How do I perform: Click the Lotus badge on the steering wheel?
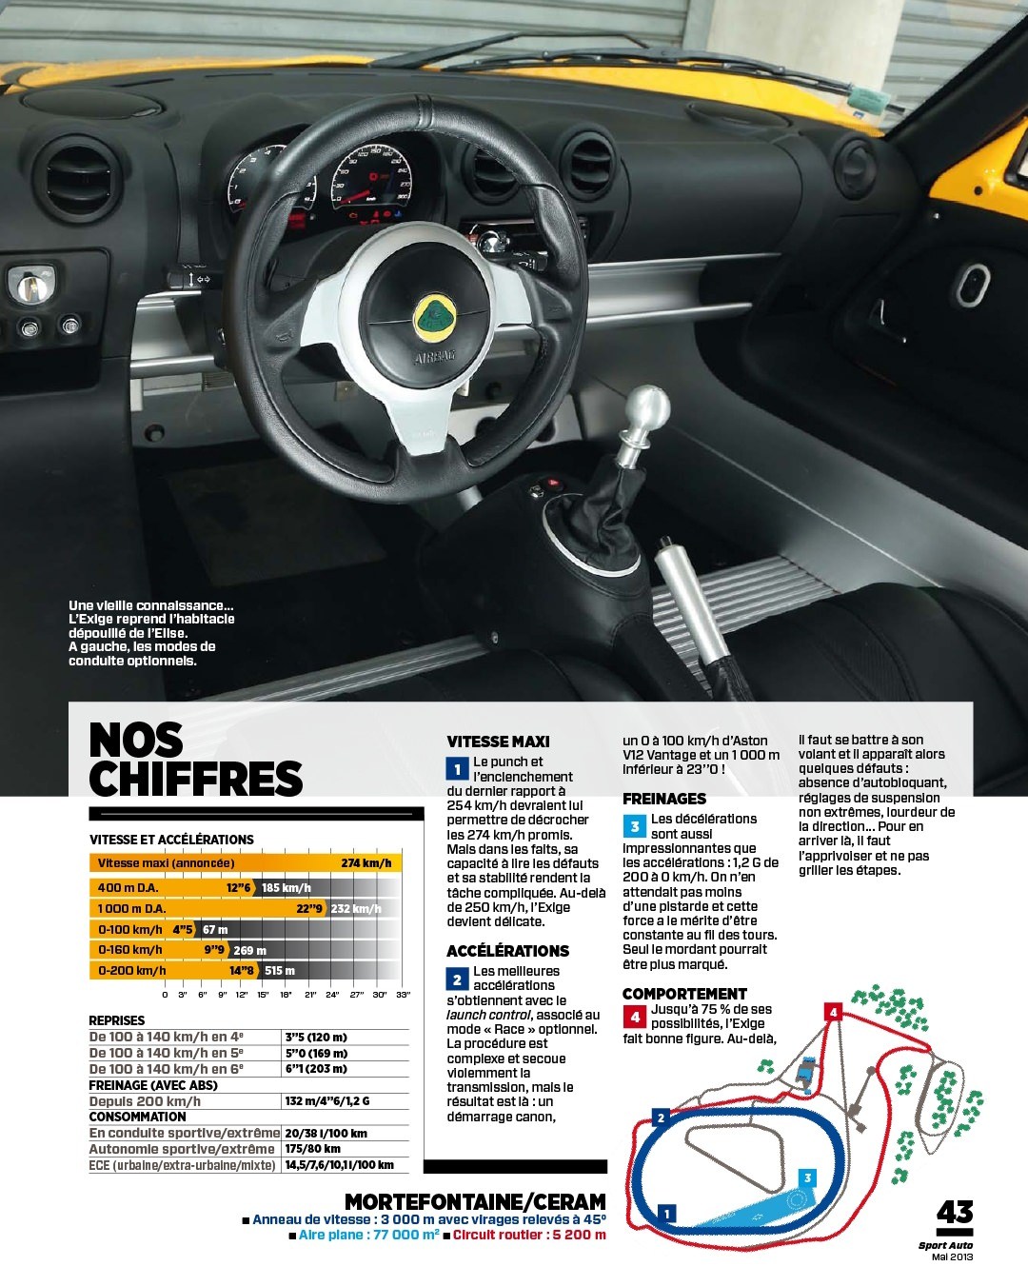pos(434,317)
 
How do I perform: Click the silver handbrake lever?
pos(687,603)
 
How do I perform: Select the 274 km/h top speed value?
pos(366,862)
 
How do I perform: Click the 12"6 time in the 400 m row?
pos(239,887)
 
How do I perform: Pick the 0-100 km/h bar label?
pos(129,929)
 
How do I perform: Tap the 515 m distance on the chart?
pos(280,971)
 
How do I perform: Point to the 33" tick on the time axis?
pos(404,995)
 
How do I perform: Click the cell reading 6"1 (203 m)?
pos(316,1068)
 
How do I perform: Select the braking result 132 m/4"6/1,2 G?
pos(326,1100)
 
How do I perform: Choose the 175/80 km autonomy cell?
pos(312,1149)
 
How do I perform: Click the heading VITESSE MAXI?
pos(498,742)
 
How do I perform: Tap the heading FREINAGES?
pos(664,799)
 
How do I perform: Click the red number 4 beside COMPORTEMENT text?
pos(634,1017)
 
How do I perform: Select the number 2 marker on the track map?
pos(661,1118)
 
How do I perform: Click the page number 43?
pos(955,1212)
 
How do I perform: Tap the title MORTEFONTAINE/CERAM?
pos(475,1201)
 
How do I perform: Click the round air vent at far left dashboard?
pos(80,180)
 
